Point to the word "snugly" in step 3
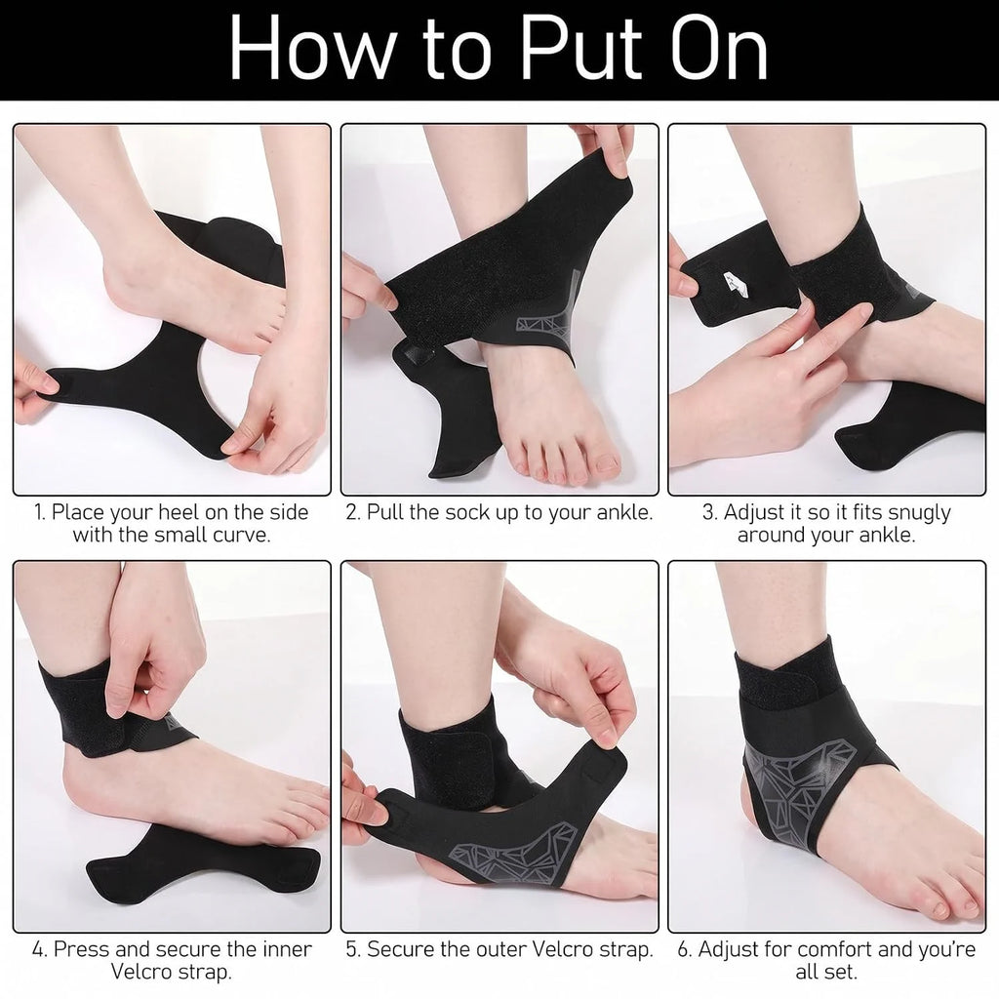click(918, 513)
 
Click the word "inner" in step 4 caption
click(287, 948)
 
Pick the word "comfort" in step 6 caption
click(834, 948)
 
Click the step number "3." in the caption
click(710, 511)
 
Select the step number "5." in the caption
click(353, 948)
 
